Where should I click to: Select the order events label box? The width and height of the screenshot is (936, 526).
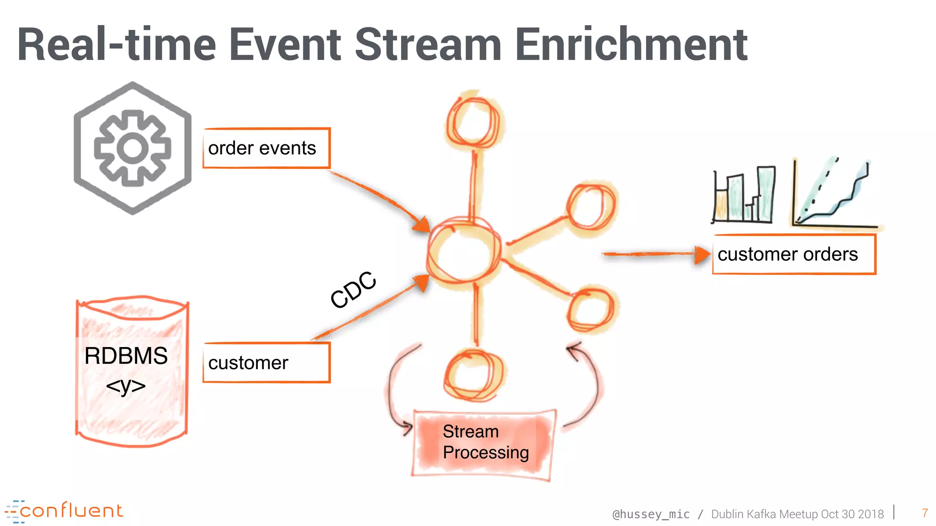[266, 148]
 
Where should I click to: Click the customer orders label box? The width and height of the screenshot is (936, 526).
[794, 254]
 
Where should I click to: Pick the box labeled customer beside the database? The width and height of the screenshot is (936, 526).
[266, 363]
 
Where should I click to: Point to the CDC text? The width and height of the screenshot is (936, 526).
[353, 289]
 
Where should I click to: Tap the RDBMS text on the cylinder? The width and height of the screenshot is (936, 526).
[126, 356]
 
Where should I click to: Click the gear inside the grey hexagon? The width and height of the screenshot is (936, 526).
[133, 148]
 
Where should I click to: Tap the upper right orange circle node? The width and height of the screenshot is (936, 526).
[590, 207]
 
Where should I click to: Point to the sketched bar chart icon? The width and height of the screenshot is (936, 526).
[744, 195]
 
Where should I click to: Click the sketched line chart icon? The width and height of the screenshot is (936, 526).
[834, 194]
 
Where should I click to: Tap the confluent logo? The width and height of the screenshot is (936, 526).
[64, 511]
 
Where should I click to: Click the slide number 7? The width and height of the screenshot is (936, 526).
[925, 513]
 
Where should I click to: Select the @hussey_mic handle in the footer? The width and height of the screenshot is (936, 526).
[651, 514]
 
